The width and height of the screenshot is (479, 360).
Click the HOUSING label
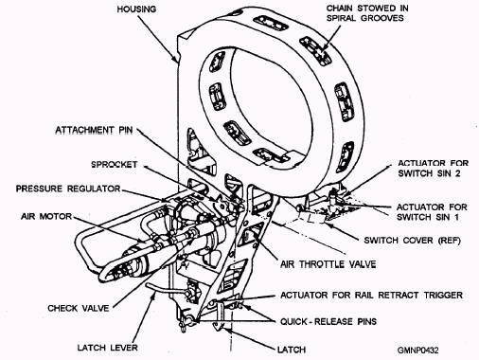tap(136, 9)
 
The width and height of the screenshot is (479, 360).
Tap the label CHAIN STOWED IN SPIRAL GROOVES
tap(367, 13)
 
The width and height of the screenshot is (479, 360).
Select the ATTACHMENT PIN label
tap(94, 130)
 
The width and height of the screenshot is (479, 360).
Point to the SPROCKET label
tap(115, 165)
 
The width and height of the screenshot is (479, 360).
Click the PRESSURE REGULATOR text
tap(68, 189)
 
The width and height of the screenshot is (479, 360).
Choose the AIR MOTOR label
tap(46, 216)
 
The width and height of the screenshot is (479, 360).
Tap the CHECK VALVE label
tap(79, 308)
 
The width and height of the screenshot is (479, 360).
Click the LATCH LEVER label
tap(108, 348)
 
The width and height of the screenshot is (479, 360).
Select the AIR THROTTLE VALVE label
tap(328, 264)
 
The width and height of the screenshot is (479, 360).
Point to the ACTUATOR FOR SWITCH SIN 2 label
tap(433, 169)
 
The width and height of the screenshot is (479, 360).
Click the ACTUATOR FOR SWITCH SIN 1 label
tap(432, 212)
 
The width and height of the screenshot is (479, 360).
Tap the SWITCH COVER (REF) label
tap(412, 241)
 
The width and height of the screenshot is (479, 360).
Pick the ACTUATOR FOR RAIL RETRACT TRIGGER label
tap(371, 295)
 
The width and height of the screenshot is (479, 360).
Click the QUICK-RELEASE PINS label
tap(328, 321)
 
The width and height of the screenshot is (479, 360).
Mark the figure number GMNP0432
tap(417, 350)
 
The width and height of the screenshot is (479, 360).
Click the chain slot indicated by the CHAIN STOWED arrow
tap(316, 51)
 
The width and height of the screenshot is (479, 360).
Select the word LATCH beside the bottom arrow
tap(292, 350)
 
